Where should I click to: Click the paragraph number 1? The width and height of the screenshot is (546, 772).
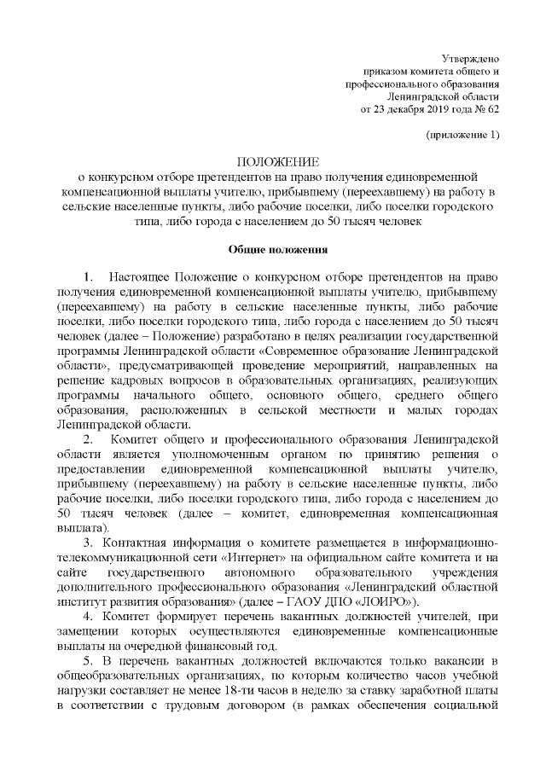pos(90,278)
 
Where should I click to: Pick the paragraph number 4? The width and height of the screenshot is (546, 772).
pos(90,617)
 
